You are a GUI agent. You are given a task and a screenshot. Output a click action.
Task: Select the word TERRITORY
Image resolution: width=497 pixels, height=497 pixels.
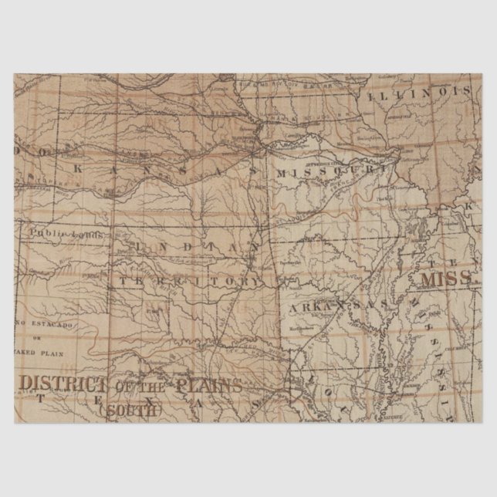coord(191,281)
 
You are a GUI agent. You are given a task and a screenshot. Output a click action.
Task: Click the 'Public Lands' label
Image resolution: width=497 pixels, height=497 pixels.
coord(56,232)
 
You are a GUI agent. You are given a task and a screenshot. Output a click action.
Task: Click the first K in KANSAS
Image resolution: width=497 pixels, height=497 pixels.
coord(78,165)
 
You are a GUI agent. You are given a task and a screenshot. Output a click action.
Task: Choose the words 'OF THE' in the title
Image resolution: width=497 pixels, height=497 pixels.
coord(144,384)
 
